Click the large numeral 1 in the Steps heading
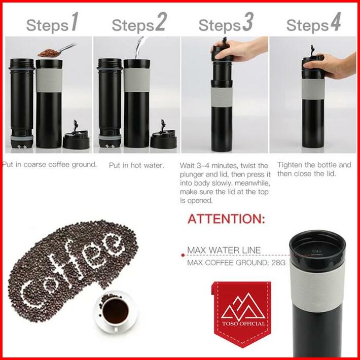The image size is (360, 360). pos(75,22)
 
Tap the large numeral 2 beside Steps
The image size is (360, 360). pos(161,22)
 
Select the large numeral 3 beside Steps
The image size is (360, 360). pos(248,22)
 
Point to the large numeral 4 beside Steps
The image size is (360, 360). pos(336,22)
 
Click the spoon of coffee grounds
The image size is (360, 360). pos(56,50)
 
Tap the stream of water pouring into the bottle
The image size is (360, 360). pos(139,48)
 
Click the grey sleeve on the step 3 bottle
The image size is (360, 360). pos(222,97)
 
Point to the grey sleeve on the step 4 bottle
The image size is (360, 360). pos(313,89)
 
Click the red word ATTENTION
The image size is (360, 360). pos(226,219)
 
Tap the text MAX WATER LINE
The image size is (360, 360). pos(224,250)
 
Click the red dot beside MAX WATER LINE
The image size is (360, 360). pos(183,255)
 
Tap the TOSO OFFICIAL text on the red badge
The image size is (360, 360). pos(243,323)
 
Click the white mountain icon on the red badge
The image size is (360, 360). pos(243,306)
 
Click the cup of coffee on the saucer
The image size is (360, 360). pos(116,312)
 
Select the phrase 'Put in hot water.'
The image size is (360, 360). pos(136,165)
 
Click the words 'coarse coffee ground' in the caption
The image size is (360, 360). pos(60,165)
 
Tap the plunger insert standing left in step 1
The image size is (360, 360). pos(22,103)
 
